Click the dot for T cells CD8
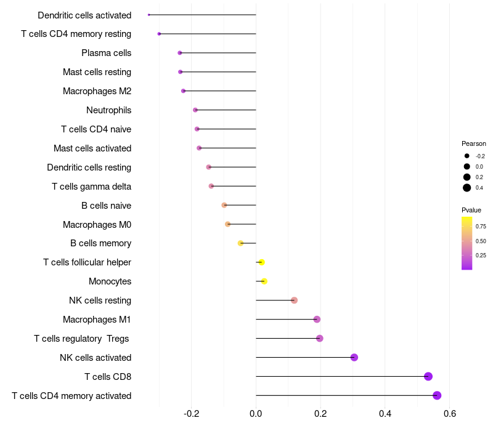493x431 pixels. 428,376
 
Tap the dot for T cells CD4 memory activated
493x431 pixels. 437,395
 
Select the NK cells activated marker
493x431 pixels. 354,357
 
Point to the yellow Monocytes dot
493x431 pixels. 264,281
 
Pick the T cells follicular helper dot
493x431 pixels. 261,262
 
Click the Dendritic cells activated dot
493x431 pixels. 149,15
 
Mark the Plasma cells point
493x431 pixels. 180,53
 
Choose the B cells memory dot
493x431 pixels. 241,243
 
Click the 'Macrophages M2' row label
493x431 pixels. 97,91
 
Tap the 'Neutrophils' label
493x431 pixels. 108,110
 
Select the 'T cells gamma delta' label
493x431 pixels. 91,187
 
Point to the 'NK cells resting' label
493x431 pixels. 100,300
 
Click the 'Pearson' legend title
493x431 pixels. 474,143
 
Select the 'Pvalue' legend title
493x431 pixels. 471,210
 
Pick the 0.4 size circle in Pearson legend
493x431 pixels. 467,188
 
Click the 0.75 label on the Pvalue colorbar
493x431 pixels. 481,226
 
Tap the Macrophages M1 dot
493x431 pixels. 317,319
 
